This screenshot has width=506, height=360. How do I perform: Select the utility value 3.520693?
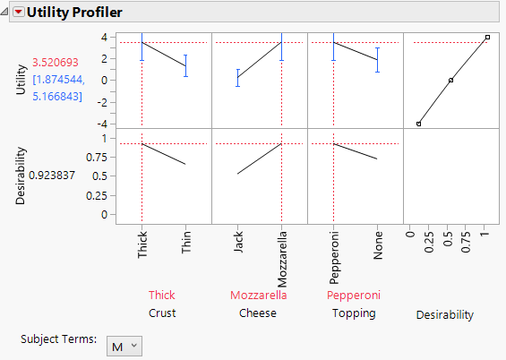(56, 63)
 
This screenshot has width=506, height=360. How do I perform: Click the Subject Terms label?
(57, 339)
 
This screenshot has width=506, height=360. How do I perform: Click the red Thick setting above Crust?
(162, 295)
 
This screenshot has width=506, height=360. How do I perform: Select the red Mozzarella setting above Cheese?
(259, 295)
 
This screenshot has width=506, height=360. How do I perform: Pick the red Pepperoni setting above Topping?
(354, 295)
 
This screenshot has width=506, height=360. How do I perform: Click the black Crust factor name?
(162, 313)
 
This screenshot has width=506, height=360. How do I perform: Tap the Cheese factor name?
(259, 313)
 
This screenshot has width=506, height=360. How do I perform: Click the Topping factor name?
(354, 313)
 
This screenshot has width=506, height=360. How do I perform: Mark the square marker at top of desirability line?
(487, 37)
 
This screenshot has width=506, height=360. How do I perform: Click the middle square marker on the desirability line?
(450, 80)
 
